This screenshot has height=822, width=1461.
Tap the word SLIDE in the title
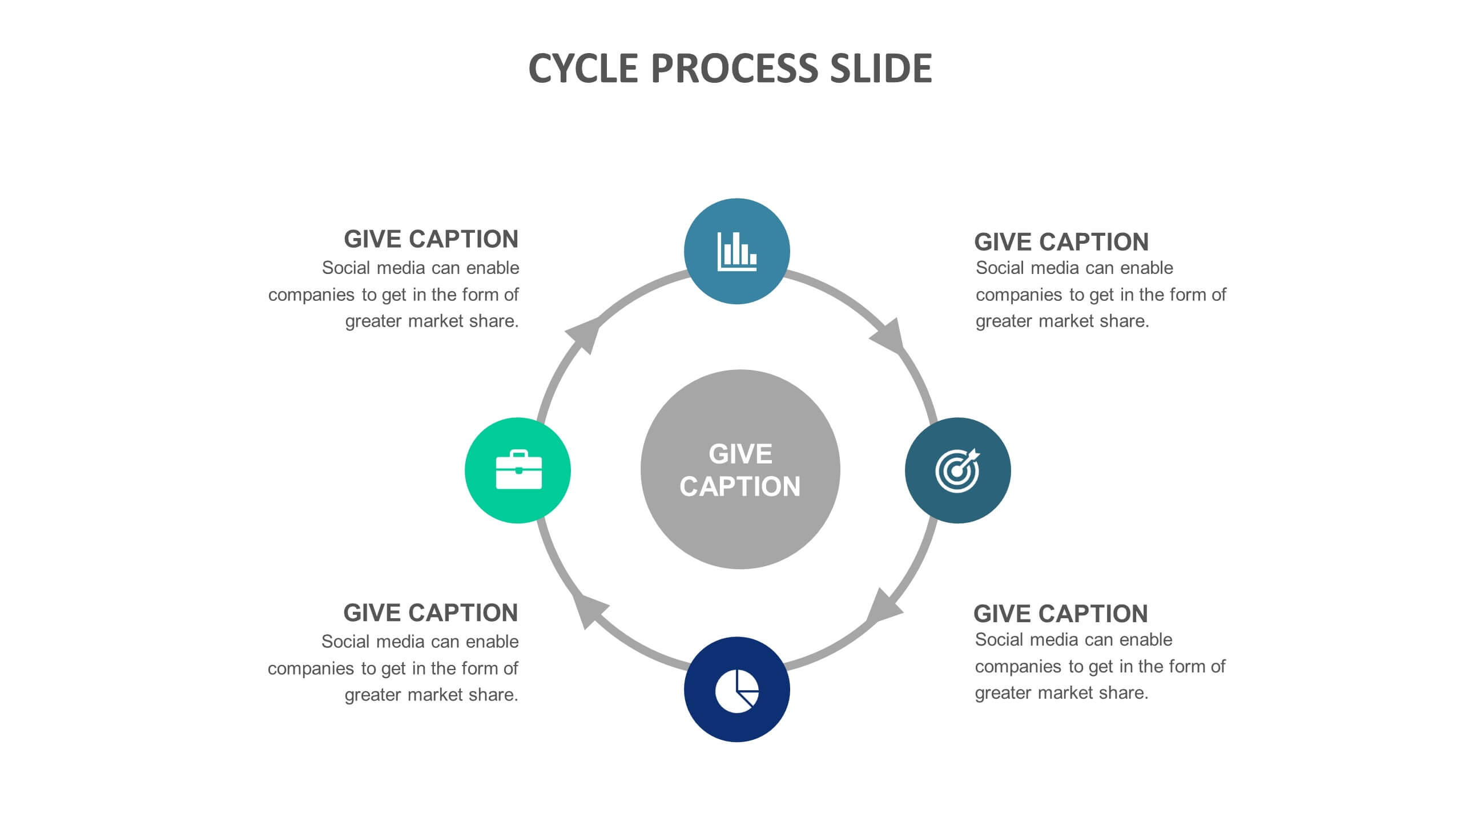point(881,68)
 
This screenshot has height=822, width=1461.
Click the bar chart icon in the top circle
point(736,251)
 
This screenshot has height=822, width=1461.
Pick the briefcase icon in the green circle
point(518,470)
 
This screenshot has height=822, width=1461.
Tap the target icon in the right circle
point(957,470)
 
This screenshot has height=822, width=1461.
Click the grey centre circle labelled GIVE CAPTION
point(740,469)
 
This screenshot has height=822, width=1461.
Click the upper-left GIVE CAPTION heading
point(431,239)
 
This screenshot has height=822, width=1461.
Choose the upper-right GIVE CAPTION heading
point(1061,242)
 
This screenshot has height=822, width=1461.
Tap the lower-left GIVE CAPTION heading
point(430,613)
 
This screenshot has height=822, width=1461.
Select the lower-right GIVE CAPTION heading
point(1061,614)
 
